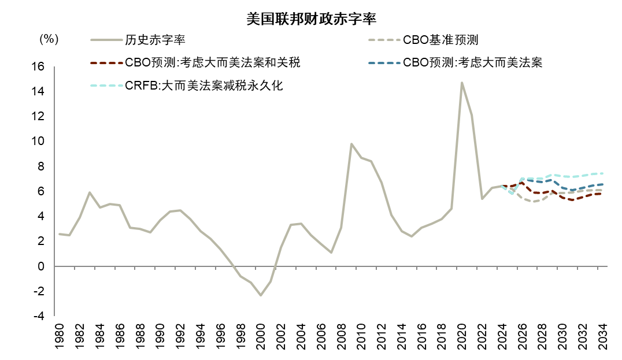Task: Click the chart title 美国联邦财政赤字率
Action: (x=311, y=19)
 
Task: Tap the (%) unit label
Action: (x=49, y=39)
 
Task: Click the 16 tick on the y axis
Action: (x=38, y=66)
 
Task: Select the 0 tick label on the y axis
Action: (x=40, y=266)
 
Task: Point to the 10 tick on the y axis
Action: (x=38, y=142)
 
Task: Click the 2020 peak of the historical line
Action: (x=462, y=83)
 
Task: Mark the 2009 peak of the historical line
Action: (x=351, y=144)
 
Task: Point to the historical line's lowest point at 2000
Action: (x=261, y=295)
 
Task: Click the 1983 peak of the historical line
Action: (x=89, y=192)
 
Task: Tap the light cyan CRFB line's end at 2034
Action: (x=603, y=173)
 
